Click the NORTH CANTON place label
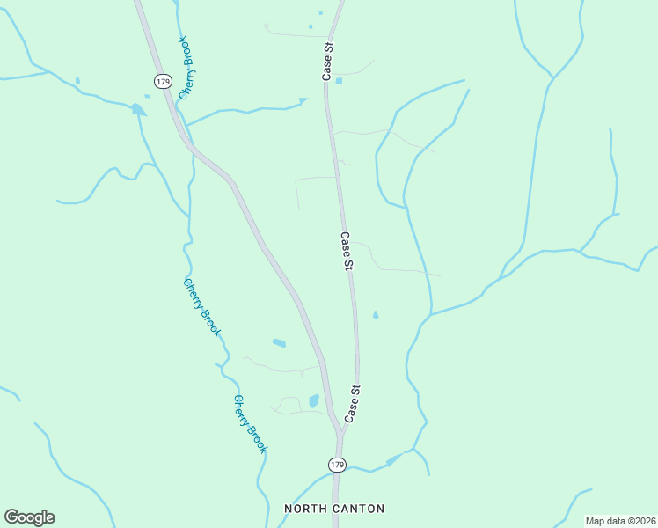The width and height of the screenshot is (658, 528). pyautogui.click(x=334, y=509)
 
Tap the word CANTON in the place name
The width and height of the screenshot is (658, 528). pyautogui.click(x=358, y=509)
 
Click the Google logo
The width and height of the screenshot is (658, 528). pyautogui.click(x=29, y=517)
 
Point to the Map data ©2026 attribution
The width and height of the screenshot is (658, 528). pyautogui.click(x=620, y=521)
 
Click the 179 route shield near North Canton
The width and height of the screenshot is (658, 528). pyautogui.click(x=337, y=464)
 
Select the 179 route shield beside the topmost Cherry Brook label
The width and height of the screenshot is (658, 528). pyautogui.click(x=162, y=81)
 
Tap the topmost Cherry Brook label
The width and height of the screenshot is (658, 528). pyautogui.click(x=186, y=69)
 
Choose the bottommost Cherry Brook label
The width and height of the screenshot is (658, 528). pyautogui.click(x=250, y=423)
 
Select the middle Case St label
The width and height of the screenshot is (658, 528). pyautogui.click(x=347, y=251)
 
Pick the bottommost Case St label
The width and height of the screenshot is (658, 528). pyautogui.click(x=353, y=403)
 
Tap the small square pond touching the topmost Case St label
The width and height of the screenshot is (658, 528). pyautogui.click(x=339, y=81)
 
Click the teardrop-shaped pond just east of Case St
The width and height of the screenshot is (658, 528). pyautogui.click(x=376, y=315)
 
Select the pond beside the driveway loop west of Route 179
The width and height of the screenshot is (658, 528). pyautogui.click(x=314, y=401)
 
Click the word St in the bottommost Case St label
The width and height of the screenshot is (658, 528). pyautogui.click(x=355, y=390)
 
